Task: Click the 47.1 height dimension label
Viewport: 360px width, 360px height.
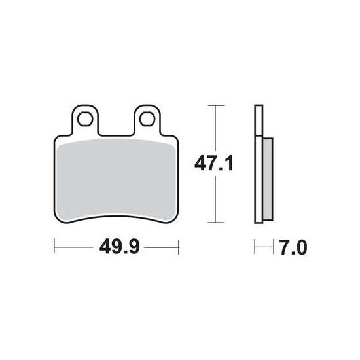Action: pyautogui.click(x=214, y=163)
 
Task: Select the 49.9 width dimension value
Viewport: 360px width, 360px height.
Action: pyautogui.click(x=119, y=247)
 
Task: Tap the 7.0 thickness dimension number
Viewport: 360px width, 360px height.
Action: pyautogui.click(x=293, y=247)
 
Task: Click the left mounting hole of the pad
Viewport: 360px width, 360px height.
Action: pyautogui.click(x=85, y=119)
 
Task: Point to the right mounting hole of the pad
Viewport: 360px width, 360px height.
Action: pyautogui.click(x=147, y=119)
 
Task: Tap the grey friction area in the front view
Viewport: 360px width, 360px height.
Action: pyautogui.click(x=116, y=179)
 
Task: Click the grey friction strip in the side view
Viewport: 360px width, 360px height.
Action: pyautogui.click(x=268, y=179)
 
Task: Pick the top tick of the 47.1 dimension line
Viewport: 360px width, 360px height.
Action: pyautogui.click(x=216, y=105)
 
